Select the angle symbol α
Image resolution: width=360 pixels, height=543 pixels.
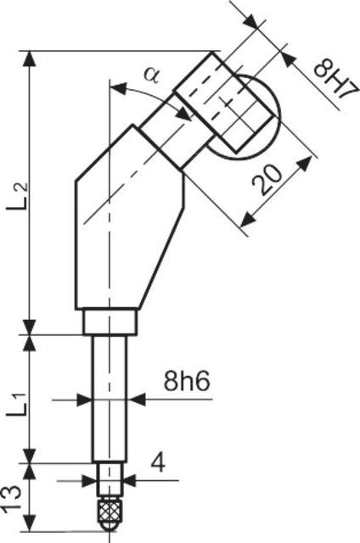tap(152, 75)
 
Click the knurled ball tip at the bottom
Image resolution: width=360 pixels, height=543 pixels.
tap(108, 511)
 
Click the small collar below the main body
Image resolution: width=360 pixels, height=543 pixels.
tap(109, 322)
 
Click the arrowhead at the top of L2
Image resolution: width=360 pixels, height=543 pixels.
tap(32, 58)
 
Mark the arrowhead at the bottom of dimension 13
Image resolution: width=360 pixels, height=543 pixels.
tap(32, 520)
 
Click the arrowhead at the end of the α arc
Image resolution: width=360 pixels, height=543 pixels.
tap(183, 113)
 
